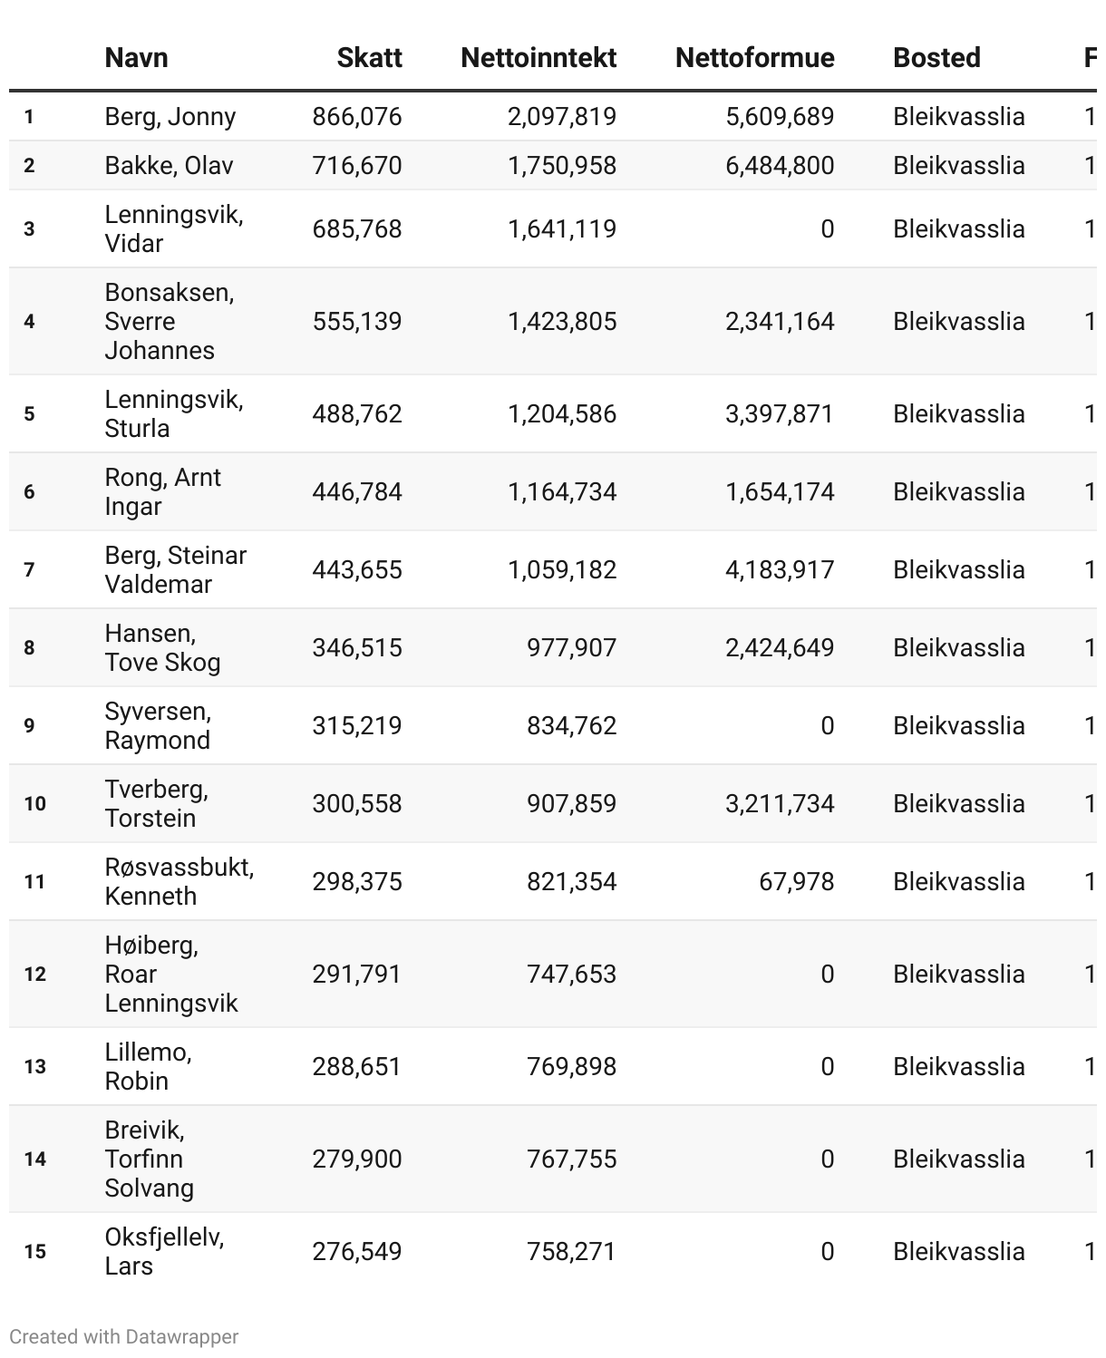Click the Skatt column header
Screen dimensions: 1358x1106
(x=369, y=58)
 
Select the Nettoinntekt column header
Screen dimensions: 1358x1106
(x=538, y=58)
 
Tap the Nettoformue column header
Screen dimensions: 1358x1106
(x=754, y=58)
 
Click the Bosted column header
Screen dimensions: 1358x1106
(x=936, y=58)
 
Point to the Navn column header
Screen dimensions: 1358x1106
(x=136, y=58)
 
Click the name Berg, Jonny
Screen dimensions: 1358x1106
(x=170, y=117)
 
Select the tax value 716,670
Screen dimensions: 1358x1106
(x=357, y=166)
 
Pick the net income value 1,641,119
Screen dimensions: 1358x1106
(x=562, y=229)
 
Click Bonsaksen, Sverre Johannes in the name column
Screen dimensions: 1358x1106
(x=169, y=322)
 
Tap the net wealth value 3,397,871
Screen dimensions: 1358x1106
(x=780, y=414)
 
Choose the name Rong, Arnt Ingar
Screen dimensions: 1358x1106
(x=162, y=492)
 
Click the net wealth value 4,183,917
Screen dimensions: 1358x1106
(x=780, y=570)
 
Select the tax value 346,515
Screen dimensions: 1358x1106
(x=357, y=648)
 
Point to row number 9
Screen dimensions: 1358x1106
(x=30, y=726)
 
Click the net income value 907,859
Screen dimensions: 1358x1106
(x=571, y=804)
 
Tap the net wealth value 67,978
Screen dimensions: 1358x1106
(x=796, y=882)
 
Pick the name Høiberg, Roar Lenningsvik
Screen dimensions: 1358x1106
(x=170, y=975)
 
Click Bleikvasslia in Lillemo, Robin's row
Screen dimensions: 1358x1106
(x=958, y=1067)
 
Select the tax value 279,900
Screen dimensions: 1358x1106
(x=357, y=1159)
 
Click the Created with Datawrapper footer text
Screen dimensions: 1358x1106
(x=124, y=1337)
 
